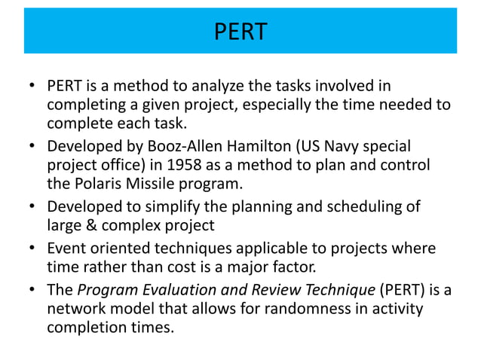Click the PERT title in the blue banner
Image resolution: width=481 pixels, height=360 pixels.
pos(240,32)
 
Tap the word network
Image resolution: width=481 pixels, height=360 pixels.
pos(76,309)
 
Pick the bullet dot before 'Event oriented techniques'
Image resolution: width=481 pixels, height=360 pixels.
pos(33,248)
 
